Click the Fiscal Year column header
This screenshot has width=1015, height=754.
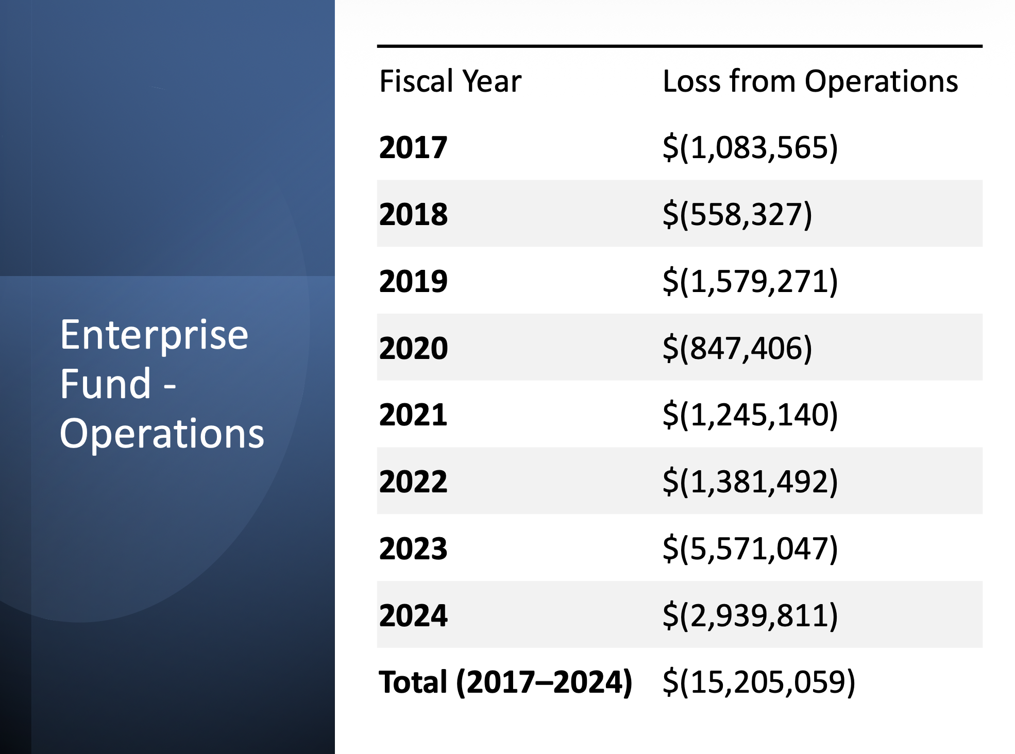(450, 81)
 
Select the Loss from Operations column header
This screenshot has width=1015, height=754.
(810, 81)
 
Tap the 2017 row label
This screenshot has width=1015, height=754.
(413, 147)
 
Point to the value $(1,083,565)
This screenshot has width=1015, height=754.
(750, 147)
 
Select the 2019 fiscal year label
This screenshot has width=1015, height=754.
(413, 281)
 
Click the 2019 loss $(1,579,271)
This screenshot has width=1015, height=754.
(750, 281)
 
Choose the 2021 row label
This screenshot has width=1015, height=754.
(413, 415)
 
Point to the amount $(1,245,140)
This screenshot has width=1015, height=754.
(750, 415)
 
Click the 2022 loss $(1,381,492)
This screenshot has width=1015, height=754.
(750, 482)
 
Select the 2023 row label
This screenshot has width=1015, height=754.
(413, 548)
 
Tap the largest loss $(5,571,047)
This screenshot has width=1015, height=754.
(750, 548)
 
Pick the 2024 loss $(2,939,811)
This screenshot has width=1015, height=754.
(750, 615)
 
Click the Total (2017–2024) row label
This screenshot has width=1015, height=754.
(505, 682)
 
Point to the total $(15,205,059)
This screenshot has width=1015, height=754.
(758, 682)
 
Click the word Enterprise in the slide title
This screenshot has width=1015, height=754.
(154, 335)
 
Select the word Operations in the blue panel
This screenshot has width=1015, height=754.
(162, 434)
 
